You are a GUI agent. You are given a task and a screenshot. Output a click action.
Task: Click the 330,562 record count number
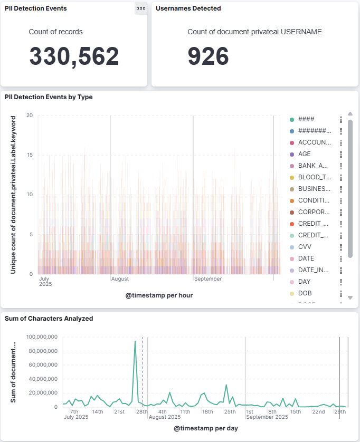(x=74, y=56)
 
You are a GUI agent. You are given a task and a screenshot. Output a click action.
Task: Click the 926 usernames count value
(x=208, y=56)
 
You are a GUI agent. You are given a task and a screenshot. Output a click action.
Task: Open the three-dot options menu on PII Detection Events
(x=140, y=8)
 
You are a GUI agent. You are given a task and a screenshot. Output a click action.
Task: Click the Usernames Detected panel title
(x=188, y=8)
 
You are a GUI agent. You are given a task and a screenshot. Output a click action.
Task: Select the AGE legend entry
(x=304, y=154)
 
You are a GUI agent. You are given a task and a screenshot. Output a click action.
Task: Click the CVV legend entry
(x=306, y=247)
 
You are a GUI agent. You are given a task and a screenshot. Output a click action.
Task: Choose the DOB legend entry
(x=306, y=293)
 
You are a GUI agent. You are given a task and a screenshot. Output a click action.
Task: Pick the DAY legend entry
(x=304, y=282)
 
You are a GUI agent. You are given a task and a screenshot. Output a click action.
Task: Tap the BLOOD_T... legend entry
(x=314, y=177)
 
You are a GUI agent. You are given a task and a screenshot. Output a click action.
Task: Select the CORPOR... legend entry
(x=314, y=212)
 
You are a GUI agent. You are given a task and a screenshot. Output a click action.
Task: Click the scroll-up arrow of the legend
(x=349, y=113)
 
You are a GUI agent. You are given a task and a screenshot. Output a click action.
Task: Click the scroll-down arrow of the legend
(x=349, y=297)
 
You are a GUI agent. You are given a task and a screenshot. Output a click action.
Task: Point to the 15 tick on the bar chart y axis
(x=30, y=155)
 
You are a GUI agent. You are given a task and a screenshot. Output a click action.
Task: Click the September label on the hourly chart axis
(x=208, y=279)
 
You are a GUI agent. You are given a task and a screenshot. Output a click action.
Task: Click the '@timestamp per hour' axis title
(x=159, y=295)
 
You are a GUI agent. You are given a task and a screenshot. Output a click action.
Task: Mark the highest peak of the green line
(x=135, y=341)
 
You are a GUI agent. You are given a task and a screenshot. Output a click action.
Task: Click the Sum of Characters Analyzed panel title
(x=49, y=319)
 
